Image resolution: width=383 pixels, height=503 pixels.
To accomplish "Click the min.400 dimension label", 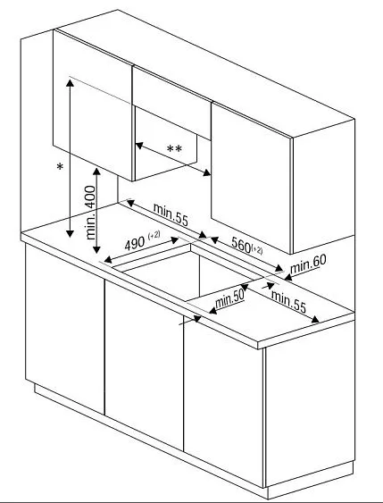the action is (x=91, y=213).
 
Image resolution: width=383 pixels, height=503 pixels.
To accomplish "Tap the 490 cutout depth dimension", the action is (x=135, y=244).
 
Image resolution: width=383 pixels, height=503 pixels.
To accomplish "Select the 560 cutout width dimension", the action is (x=241, y=245).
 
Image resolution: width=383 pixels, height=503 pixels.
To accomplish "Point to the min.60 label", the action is (x=308, y=264).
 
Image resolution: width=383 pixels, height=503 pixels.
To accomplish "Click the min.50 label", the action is (x=229, y=300).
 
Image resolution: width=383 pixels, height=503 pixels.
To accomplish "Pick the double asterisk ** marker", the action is (x=174, y=149).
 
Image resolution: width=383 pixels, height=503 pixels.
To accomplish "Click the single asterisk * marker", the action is (x=60, y=167).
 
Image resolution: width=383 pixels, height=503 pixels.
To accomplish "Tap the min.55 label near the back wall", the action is (x=171, y=214).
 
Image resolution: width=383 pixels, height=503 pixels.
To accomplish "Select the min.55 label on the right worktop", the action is (x=288, y=302).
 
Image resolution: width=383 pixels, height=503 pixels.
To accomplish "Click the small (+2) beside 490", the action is (x=154, y=235).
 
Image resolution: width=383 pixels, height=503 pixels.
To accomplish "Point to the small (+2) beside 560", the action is (x=257, y=249).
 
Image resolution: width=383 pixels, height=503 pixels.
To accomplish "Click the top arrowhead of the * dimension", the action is (x=70, y=83).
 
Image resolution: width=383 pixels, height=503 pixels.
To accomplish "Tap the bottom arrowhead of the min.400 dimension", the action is (x=96, y=249).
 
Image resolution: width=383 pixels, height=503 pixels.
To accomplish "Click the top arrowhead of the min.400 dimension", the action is (x=96, y=172).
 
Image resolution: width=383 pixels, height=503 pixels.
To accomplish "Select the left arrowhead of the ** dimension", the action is (x=139, y=146).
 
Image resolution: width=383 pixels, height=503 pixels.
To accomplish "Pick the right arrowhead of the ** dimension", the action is (x=207, y=172).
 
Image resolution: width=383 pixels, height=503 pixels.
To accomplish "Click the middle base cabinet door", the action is (x=144, y=365).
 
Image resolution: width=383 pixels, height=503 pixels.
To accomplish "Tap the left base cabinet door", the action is (x=65, y=329).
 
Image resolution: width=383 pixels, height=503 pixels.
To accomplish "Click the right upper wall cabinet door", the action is (x=251, y=178).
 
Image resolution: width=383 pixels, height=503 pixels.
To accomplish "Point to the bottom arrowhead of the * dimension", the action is (x=70, y=233).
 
